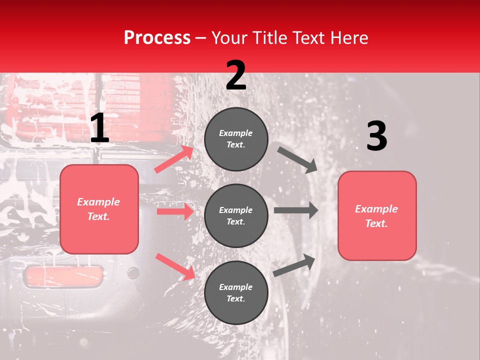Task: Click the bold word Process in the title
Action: coord(157,38)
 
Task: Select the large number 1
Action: coord(99,128)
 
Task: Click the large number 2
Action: coord(235,75)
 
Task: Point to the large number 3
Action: coord(376,136)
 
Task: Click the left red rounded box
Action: coord(99,209)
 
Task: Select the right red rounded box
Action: coord(377,216)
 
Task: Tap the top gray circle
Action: coord(236,139)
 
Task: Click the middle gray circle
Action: coord(236,215)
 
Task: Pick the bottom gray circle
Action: coord(236,292)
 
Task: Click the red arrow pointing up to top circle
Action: coord(174,159)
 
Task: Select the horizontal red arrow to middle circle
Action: coord(175,211)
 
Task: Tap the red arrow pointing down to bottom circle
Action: coord(175,266)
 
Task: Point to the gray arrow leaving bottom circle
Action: coord(294,265)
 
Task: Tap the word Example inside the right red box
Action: coord(376,209)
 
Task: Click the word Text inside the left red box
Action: coord(98,216)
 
